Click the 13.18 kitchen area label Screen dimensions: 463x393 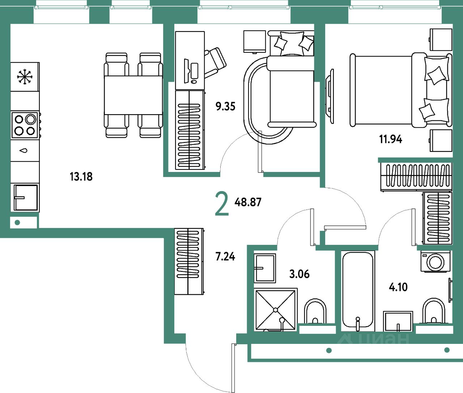[81, 177]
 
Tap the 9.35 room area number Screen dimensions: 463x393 [225, 106]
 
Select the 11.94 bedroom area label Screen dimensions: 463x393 [391, 139]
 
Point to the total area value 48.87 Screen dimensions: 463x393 [248, 202]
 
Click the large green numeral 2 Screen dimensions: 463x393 [222, 204]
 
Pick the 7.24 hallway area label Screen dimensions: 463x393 [225, 256]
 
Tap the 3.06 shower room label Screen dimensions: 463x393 [300, 274]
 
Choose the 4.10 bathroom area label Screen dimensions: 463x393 [398, 287]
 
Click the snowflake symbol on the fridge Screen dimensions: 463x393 [25, 77]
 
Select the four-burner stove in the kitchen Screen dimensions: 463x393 [25, 125]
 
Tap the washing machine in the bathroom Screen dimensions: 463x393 [436, 261]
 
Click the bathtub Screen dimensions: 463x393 [358, 291]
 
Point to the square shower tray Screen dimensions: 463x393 [276, 310]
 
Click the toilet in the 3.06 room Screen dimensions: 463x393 [315, 311]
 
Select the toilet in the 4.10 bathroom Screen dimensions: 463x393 [433, 311]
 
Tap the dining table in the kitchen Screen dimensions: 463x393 [133, 95]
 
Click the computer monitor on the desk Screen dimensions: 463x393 [186, 71]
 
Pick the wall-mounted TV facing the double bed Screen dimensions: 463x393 [330, 96]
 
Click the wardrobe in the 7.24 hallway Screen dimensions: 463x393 [189, 261]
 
